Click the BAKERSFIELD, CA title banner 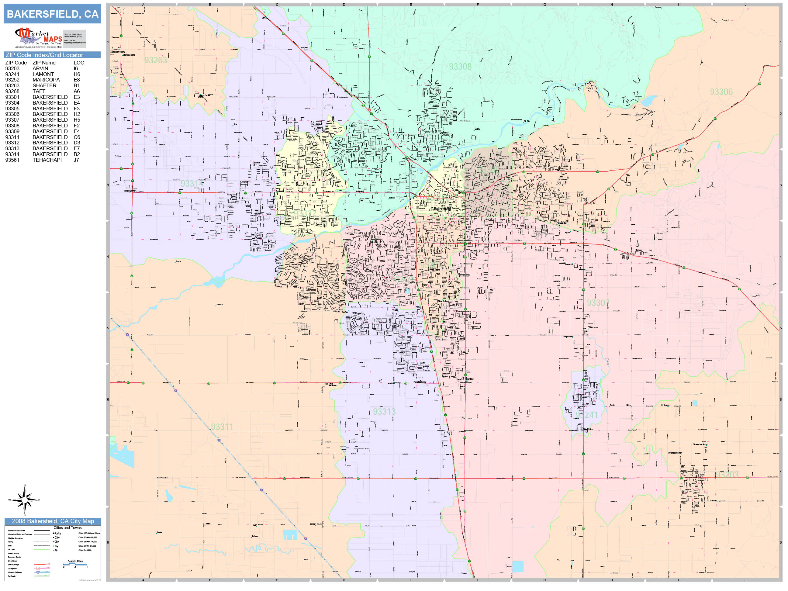[x=52, y=14]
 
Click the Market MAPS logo [x=39, y=38]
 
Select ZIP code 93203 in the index [x=12, y=68]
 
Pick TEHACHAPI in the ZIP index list [x=47, y=160]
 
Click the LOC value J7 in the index [x=76, y=160]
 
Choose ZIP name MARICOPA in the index [x=46, y=80]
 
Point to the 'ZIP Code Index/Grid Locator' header [x=44, y=55]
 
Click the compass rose [x=24, y=500]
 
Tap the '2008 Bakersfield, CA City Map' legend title [x=53, y=521]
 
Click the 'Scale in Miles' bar [x=75, y=564]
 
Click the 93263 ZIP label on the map [x=156, y=60]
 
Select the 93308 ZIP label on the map [x=460, y=67]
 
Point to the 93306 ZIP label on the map [x=721, y=92]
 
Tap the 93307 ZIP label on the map [x=598, y=303]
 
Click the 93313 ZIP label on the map [x=384, y=412]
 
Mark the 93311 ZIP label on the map [x=222, y=427]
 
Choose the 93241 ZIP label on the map [x=586, y=415]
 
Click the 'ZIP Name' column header [x=44, y=63]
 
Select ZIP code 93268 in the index [x=12, y=91]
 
